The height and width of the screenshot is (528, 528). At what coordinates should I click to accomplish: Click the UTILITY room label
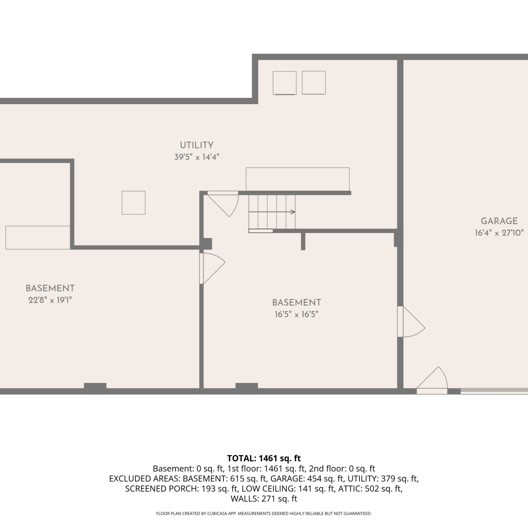(x=197, y=145)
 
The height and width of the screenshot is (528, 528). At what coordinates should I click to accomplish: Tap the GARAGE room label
(x=499, y=221)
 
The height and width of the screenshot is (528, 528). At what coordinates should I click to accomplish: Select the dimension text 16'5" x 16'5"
(x=296, y=314)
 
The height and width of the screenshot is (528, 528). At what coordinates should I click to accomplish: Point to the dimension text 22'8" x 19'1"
(x=50, y=300)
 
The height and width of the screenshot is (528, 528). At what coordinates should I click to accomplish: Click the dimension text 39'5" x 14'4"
(x=197, y=157)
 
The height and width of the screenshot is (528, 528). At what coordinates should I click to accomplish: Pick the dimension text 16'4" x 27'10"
(x=499, y=233)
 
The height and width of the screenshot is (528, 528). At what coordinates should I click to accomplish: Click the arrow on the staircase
(x=272, y=212)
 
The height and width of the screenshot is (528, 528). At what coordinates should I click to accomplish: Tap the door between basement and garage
(x=411, y=322)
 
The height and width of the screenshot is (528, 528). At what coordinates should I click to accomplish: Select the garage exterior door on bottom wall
(x=432, y=381)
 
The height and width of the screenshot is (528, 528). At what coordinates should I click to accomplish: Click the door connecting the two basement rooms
(x=212, y=269)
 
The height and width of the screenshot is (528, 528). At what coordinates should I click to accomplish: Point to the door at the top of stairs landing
(x=223, y=203)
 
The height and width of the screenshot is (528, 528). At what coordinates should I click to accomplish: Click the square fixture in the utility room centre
(x=133, y=203)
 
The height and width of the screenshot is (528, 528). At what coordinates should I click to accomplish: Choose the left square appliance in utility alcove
(x=284, y=83)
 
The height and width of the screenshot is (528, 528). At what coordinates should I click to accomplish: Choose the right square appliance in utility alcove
(x=314, y=83)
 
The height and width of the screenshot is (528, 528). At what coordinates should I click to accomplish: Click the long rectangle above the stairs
(x=298, y=179)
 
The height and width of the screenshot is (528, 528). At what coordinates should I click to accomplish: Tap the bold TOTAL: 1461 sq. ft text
(x=264, y=458)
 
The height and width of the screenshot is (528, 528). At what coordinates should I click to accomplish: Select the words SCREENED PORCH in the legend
(x=162, y=489)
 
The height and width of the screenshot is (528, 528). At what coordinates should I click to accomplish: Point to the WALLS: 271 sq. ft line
(x=264, y=499)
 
